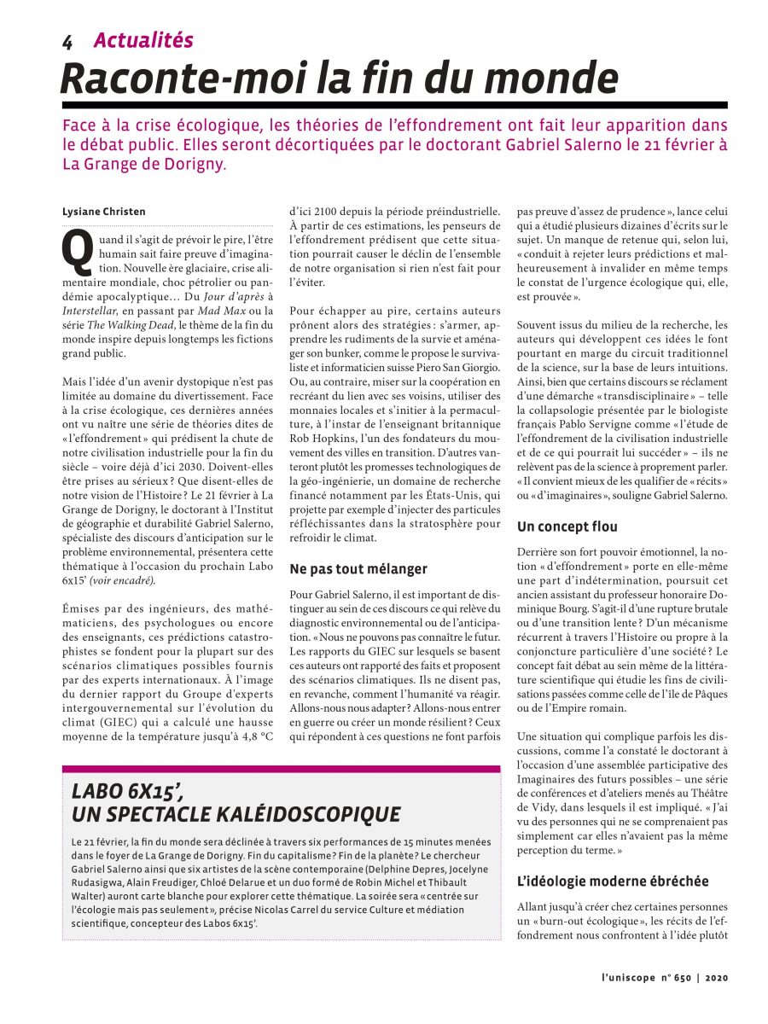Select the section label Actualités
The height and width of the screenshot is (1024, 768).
(143, 40)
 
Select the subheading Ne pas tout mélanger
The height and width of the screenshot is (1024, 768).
(358, 568)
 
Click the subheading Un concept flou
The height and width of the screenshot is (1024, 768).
(567, 527)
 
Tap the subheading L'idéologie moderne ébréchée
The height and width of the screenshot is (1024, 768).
(613, 881)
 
